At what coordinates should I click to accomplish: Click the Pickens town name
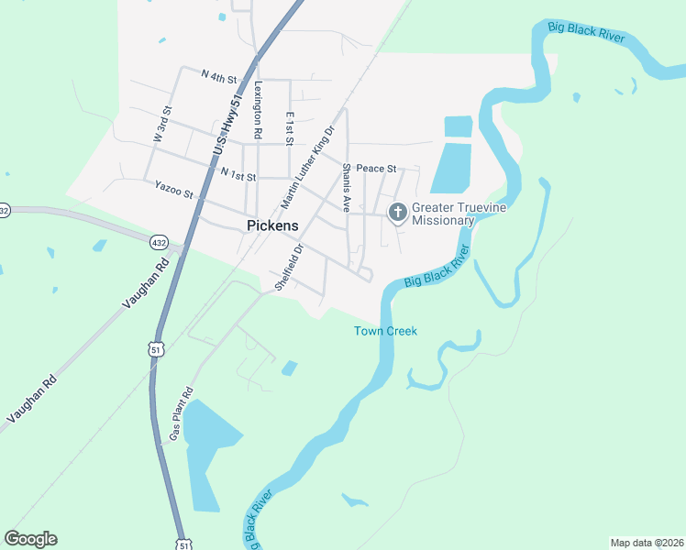coord(272,225)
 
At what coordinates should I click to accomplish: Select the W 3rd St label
coord(162,125)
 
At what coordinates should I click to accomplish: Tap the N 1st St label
coord(237,172)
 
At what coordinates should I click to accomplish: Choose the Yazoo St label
coord(174,193)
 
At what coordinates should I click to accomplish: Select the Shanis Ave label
coord(347,188)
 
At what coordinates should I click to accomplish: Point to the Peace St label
coord(375,169)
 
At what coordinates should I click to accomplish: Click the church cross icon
coord(398,214)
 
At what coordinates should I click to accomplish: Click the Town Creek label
coord(385,331)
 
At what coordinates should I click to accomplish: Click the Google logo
coord(30,539)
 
